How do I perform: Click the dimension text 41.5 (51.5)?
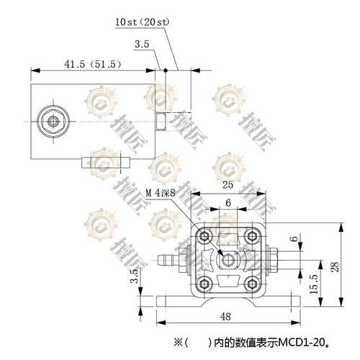coord(91,64)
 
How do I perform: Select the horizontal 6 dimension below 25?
coord(228,204)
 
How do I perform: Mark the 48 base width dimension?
coord(226,317)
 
